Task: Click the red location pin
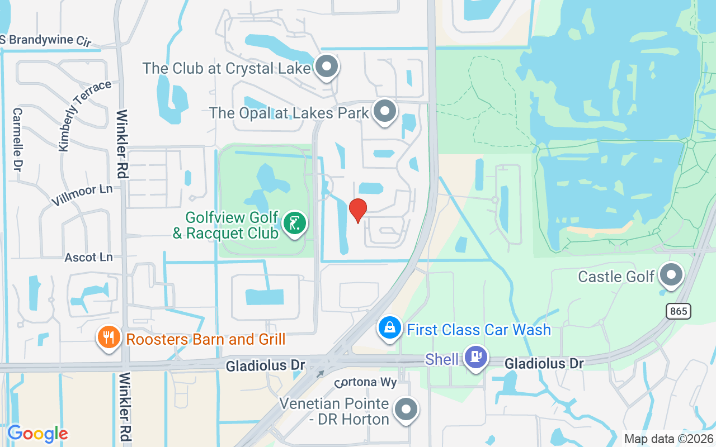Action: coord(358,210)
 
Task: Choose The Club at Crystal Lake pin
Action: coord(327,67)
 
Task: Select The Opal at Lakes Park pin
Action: coord(385,111)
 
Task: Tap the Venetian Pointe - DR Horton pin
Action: coord(406,410)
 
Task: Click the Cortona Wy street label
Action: coord(366,383)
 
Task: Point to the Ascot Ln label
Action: coord(88,257)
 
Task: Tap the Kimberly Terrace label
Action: coord(84,116)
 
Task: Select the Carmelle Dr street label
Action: coord(17,140)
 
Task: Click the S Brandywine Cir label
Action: coord(46,40)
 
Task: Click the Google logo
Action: coord(37,433)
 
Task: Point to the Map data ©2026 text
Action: coord(668,439)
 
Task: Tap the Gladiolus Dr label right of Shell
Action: coord(544,364)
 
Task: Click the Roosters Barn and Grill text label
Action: coord(206,339)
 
